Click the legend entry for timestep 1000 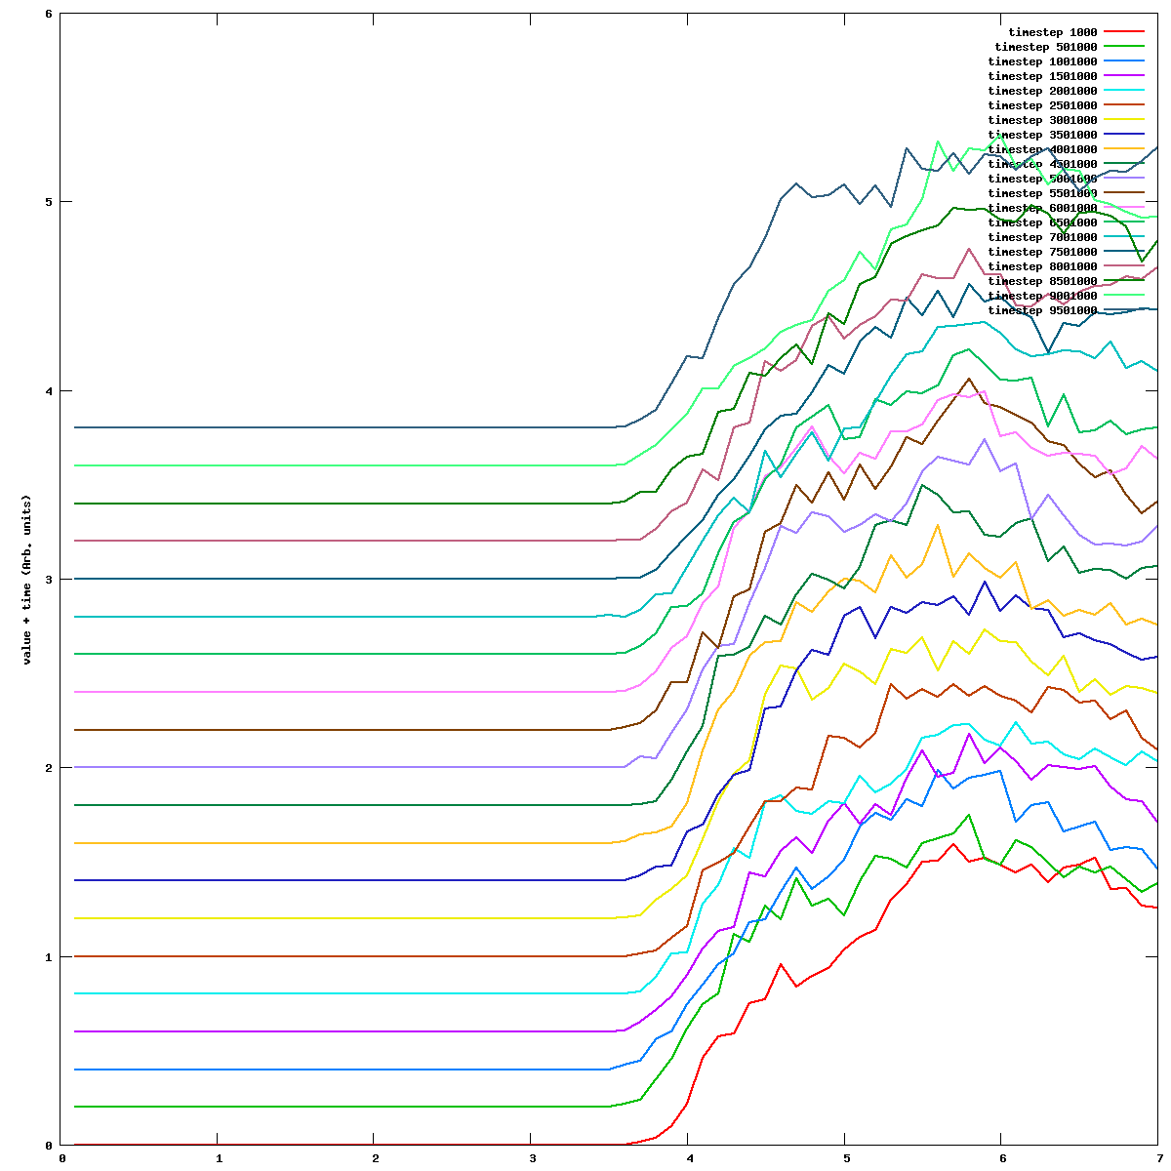(1053, 32)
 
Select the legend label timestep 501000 (1046, 47)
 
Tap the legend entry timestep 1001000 (1042, 61)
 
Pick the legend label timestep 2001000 (1042, 91)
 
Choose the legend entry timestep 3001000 (1042, 120)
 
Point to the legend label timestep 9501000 (1042, 310)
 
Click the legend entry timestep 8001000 (1042, 266)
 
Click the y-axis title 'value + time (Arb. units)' (28, 580)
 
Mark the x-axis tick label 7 (1158, 1158)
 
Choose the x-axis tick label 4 (688, 1158)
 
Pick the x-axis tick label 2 (374, 1158)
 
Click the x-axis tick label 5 (845, 1158)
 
